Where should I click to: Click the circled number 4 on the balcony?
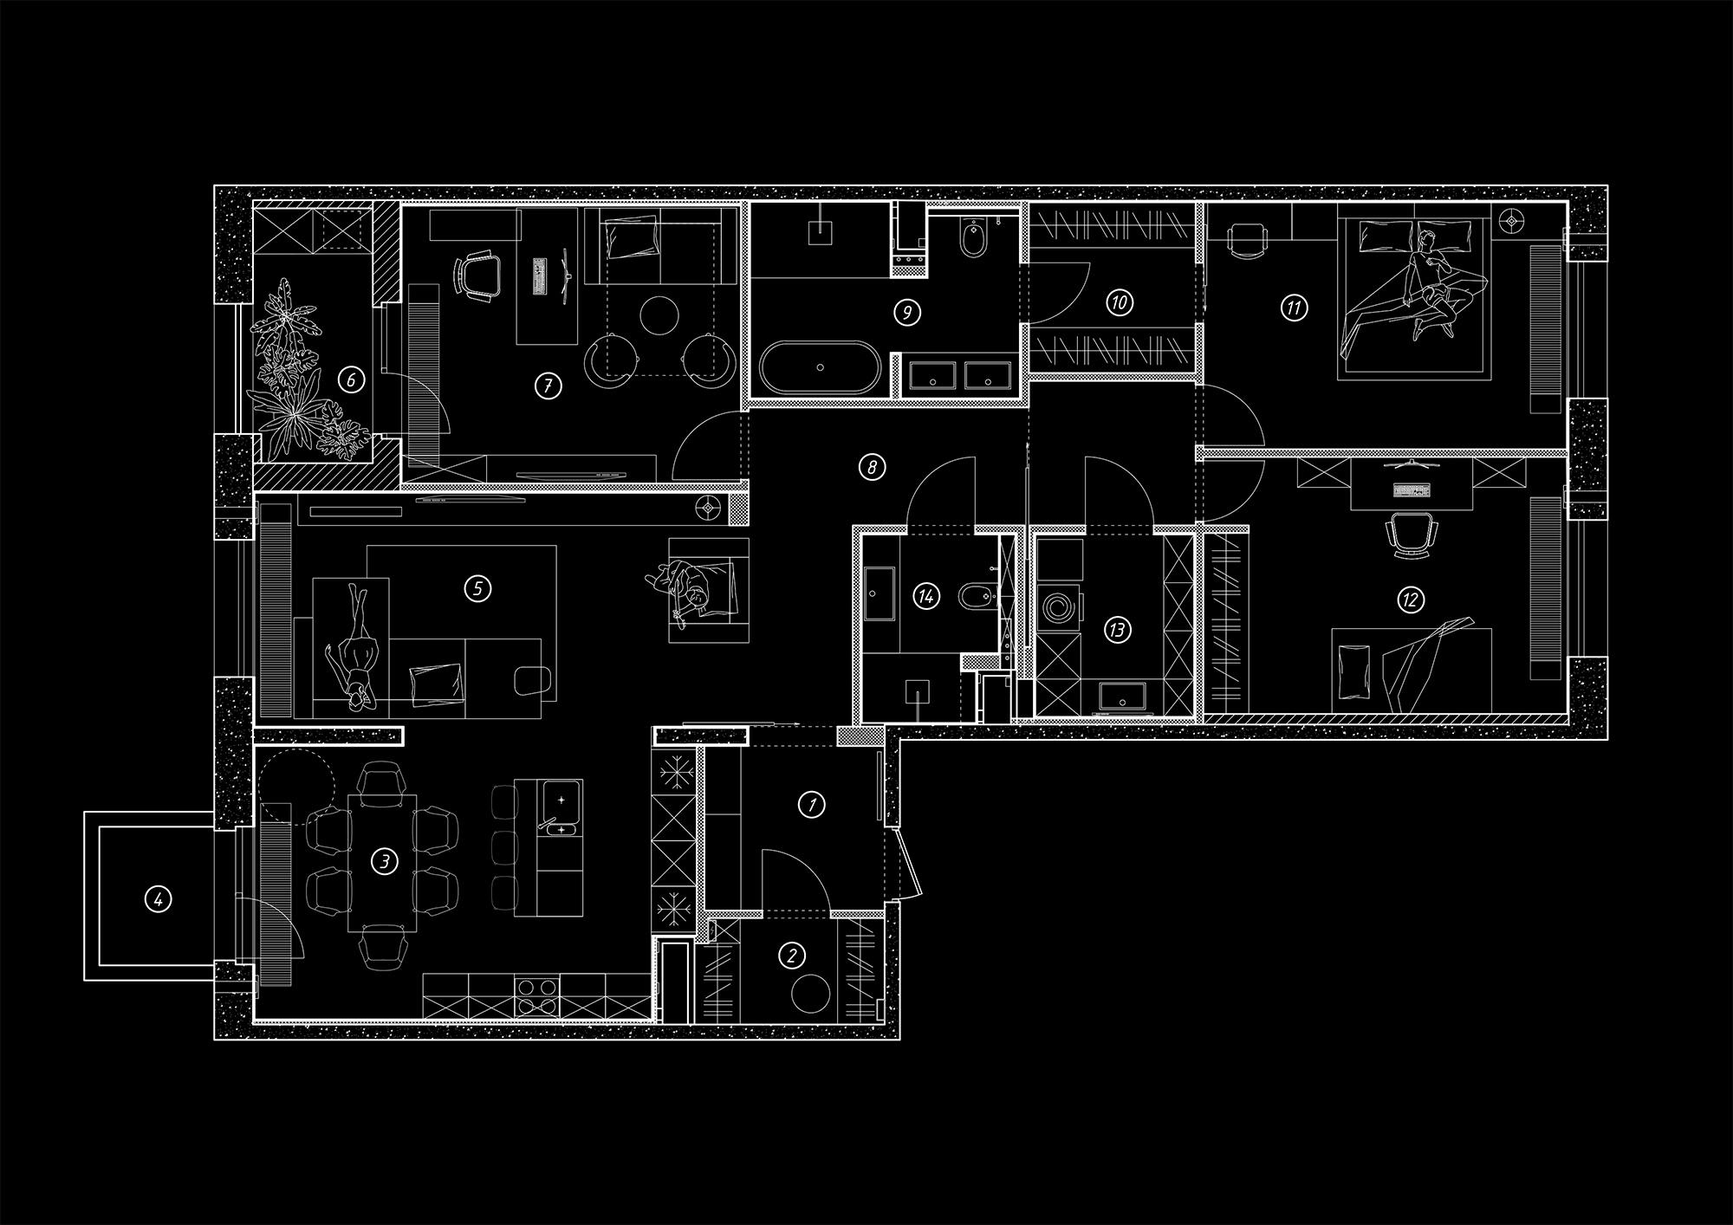pos(157,900)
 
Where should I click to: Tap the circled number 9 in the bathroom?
pos(907,312)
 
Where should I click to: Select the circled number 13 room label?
pos(1117,630)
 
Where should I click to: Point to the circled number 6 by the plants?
pos(351,379)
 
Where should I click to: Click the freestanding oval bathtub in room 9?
pos(821,367)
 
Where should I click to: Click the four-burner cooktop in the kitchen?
pos(536,997)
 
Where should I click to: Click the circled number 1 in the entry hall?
pos(811,805)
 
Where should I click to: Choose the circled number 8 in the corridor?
pos(872,468)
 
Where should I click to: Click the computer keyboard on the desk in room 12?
pos(1411,491)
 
